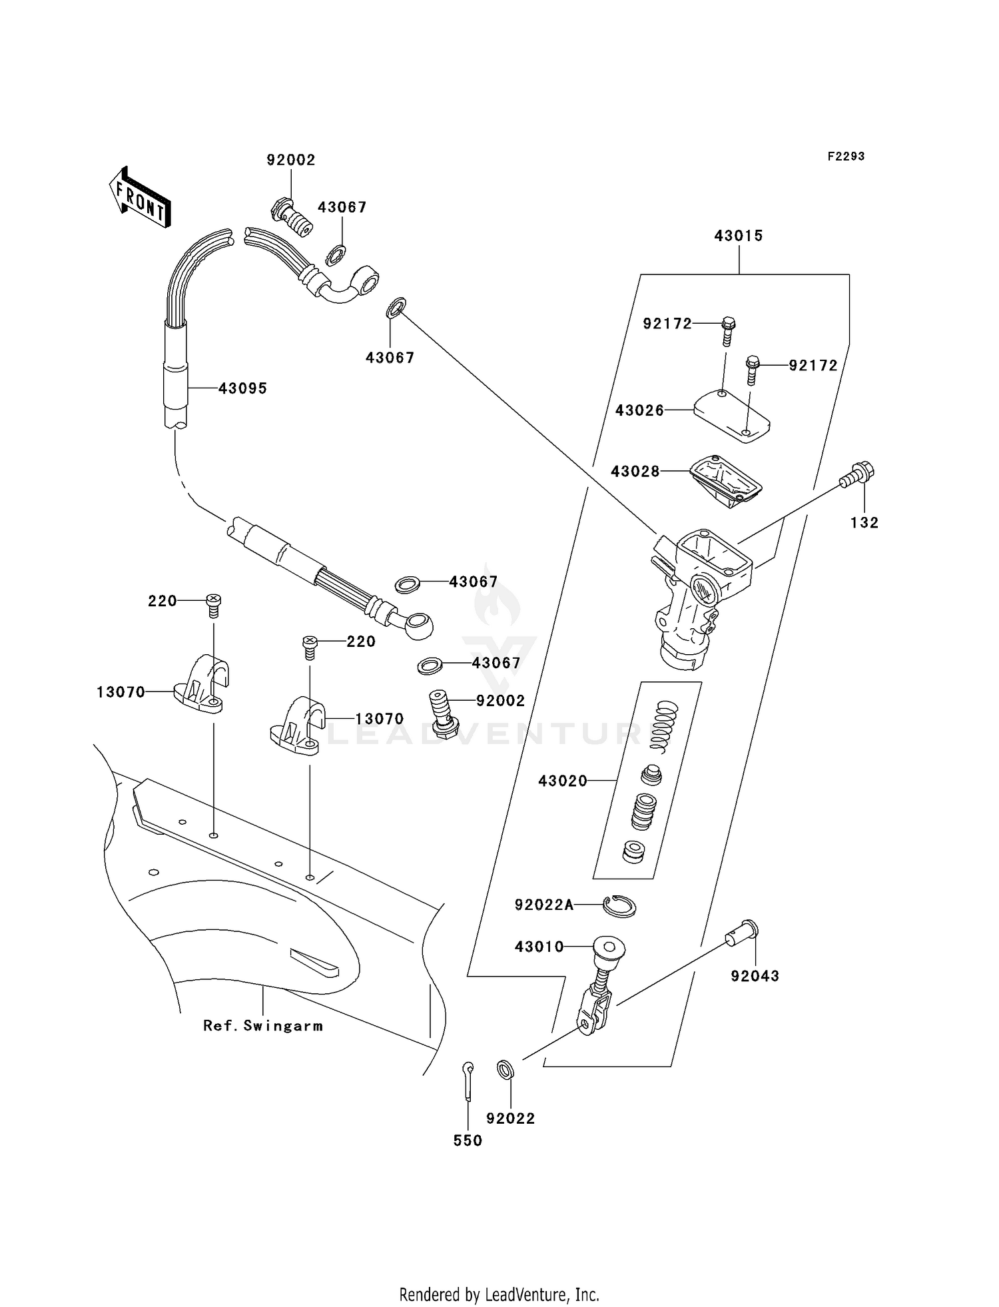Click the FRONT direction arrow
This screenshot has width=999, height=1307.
pos(140,199)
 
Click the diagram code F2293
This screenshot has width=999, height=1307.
pos(846,157)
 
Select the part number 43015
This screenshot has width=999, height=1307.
pos(738,236)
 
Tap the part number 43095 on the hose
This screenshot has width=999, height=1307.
pos(242,388)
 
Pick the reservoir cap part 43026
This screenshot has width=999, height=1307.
pos(731,416)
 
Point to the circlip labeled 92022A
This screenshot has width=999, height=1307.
pos(619,906)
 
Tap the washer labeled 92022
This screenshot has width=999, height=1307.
pos(506,1070)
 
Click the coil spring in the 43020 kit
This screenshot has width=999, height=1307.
pos(663,726)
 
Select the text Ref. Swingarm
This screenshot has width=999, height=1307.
pos(263,1026)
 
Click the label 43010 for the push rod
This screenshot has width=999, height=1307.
pos(539,947)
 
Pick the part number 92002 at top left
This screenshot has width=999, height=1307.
pos(291,161)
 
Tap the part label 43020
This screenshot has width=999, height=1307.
pos(563,781)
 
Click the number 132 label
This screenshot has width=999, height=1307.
pos(864,523)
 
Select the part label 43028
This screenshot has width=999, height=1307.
pos(635,472)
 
